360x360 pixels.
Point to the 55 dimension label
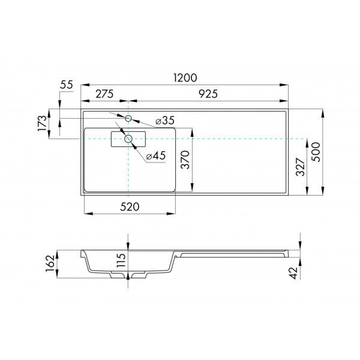click(66, 85)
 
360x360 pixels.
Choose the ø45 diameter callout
click(155, 156)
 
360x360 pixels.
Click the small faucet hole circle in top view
click(128, 118)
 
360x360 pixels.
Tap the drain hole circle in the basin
click(128, 139)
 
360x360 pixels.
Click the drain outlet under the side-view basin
click(128, 275)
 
